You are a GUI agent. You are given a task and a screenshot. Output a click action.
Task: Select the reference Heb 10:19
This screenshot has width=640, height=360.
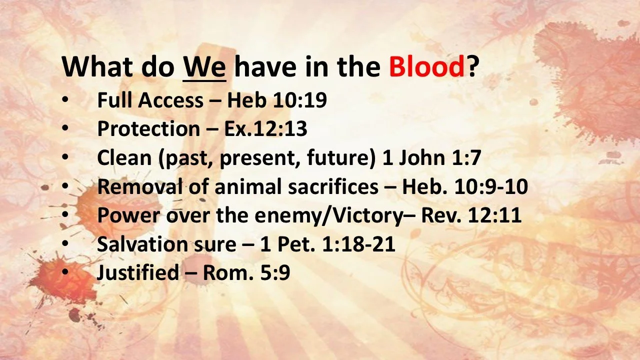(277, 100)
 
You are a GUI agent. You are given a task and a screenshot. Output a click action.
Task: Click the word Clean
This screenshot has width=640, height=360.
(124, 158)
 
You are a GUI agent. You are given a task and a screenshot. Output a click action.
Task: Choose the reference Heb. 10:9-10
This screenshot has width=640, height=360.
(465, 186)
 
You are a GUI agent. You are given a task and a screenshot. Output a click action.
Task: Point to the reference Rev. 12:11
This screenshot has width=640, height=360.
(471, 215)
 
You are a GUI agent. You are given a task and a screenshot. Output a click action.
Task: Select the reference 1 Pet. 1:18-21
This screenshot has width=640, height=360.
(328, 244)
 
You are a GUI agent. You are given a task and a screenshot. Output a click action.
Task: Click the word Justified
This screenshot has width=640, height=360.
(137, 273)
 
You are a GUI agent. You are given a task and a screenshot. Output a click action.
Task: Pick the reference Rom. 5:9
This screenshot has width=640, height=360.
(246, 273)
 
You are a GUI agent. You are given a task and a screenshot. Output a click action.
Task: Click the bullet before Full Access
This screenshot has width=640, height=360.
(65, 100)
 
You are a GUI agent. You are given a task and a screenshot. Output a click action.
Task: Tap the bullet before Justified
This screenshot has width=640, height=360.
(65, 273)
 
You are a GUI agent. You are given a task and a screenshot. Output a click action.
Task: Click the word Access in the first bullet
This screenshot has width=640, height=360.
(170, 100)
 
